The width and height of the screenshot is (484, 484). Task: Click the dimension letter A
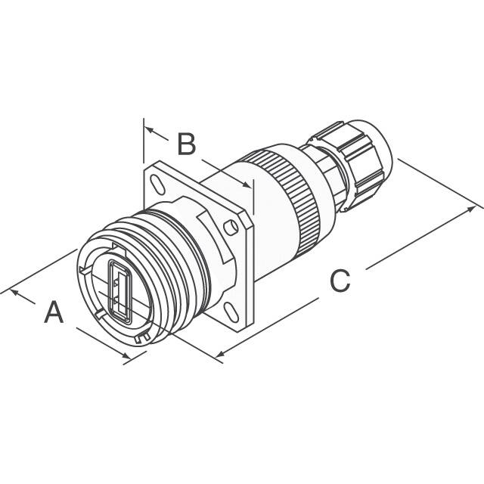point(54,312)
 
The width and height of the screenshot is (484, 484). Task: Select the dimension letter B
point(187,144)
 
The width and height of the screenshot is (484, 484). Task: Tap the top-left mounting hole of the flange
point(156,182)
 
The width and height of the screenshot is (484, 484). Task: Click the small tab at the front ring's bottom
point(138,341)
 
